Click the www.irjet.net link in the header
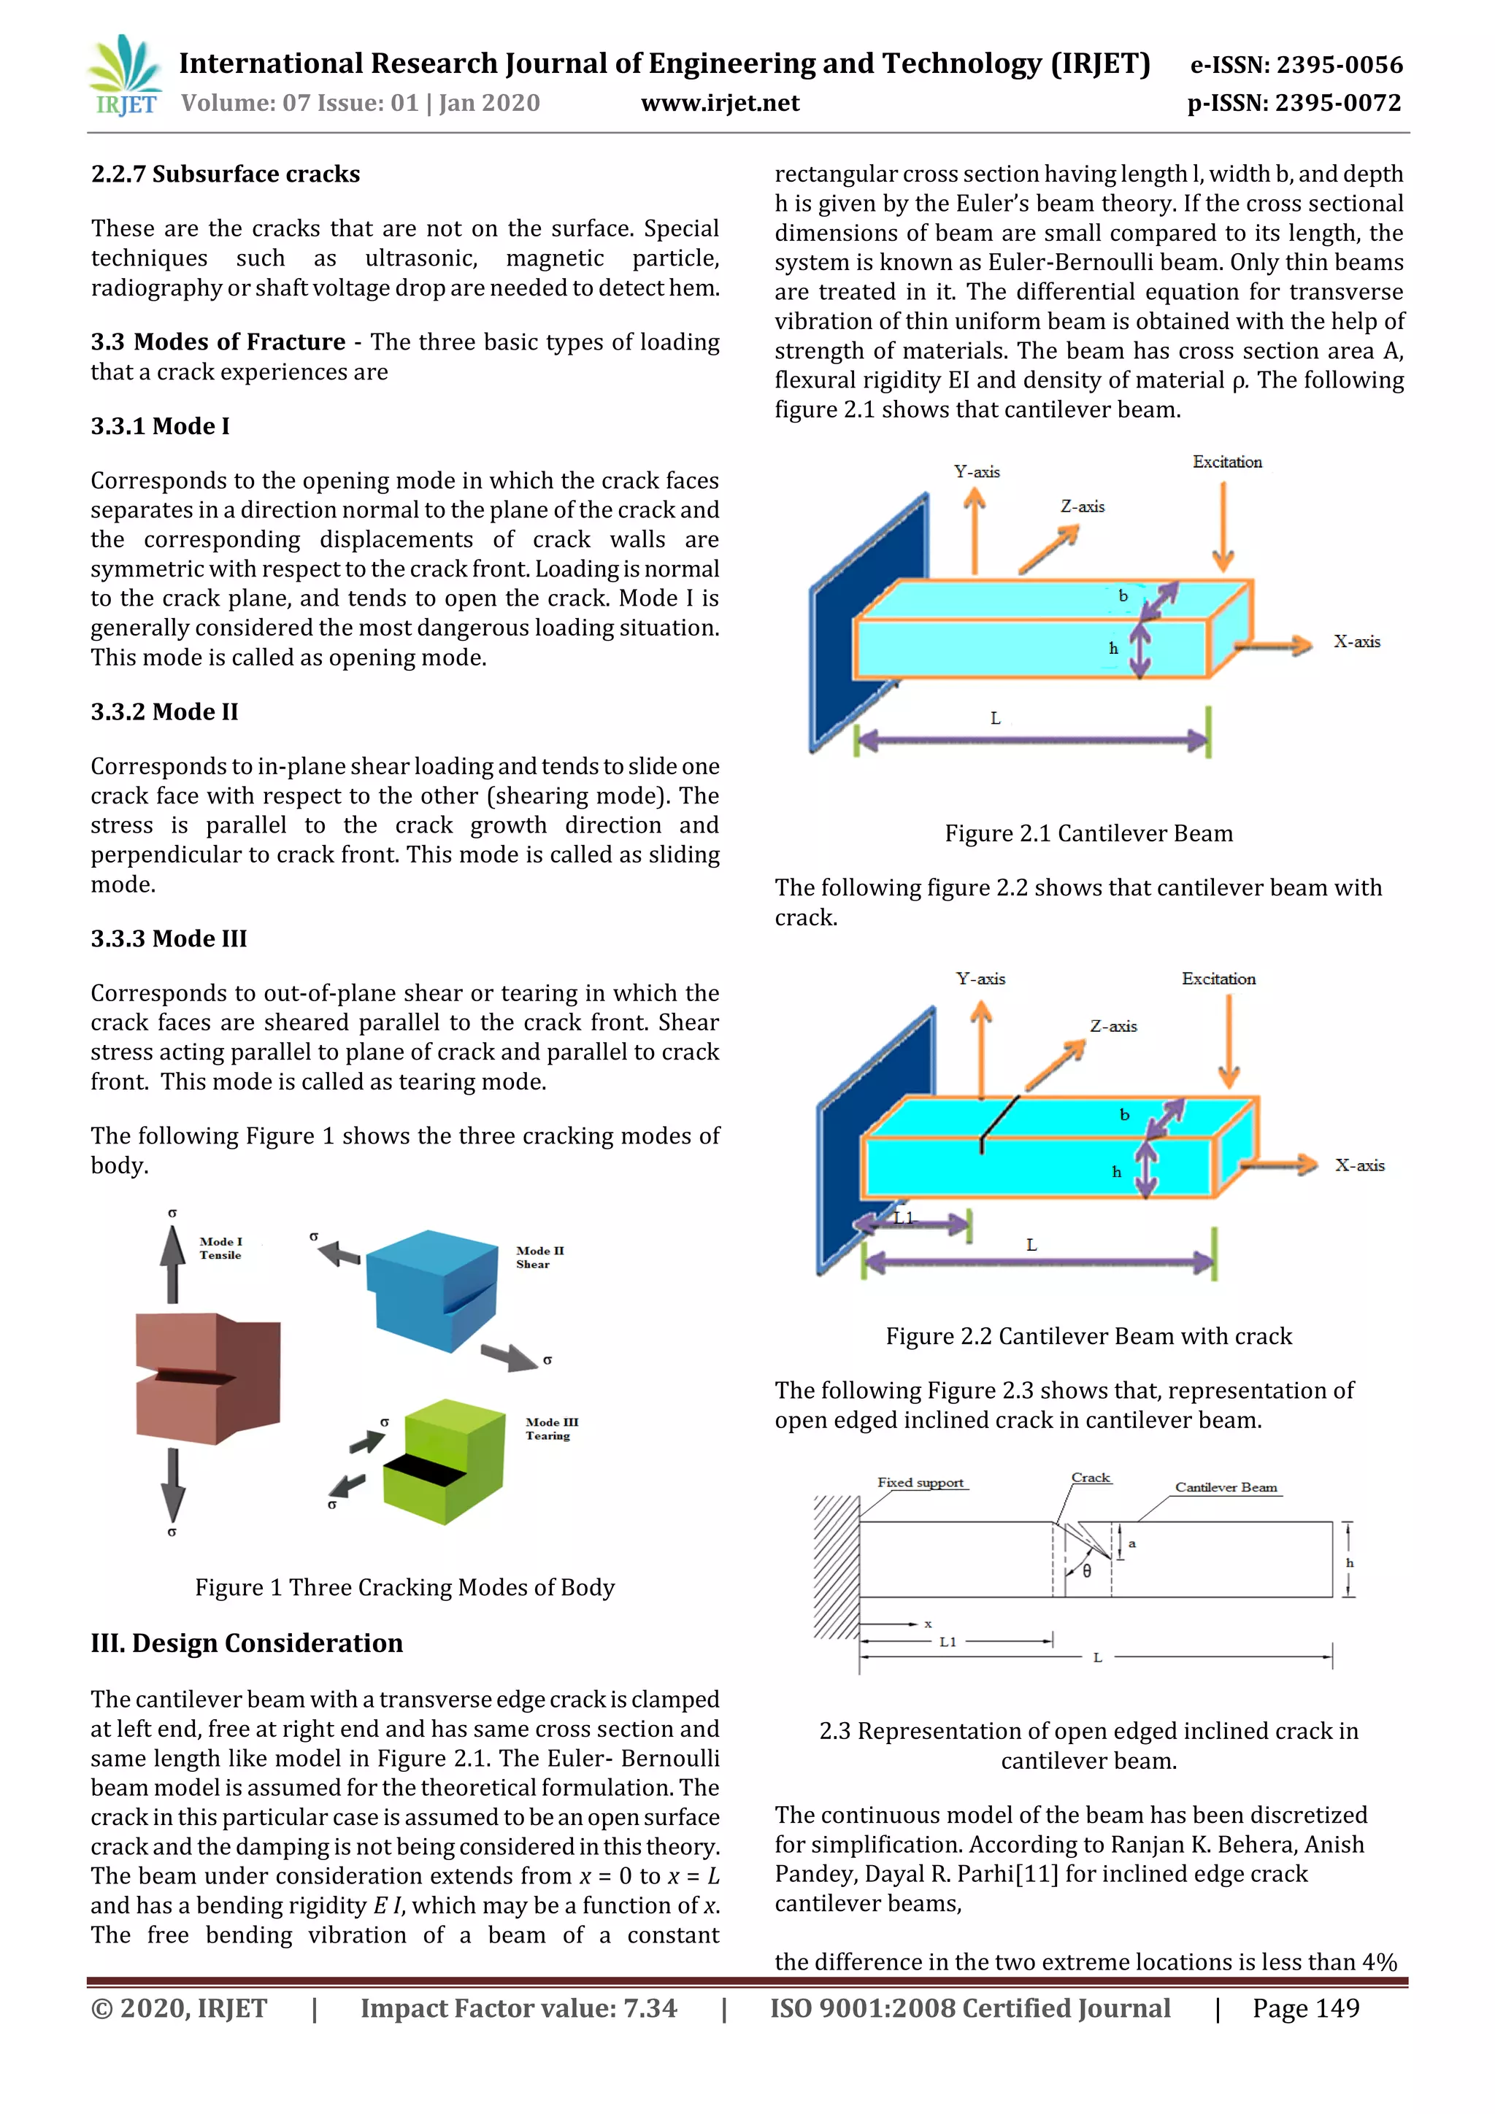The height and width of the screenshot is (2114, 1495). [x=720, y=103]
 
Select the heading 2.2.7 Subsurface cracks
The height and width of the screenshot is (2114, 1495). [x=226, y=174]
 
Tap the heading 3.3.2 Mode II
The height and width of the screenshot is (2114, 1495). [x=164, y=711]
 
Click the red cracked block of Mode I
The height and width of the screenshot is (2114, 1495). [x=208, y=1378]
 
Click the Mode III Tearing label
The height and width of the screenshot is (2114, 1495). [x=551, y=1428]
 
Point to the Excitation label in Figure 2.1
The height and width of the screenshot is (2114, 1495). [x=1227, y=462]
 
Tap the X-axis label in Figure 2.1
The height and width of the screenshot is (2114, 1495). [x=1357, y=641]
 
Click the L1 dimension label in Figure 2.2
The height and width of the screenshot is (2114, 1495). [x=904, y=1217]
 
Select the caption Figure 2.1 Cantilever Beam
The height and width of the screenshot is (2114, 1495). [x=1088, y=833]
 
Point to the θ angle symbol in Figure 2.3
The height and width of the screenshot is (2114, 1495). [x=1087, y=1571]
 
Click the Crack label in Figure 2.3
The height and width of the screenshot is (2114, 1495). [x=1091, y=1477]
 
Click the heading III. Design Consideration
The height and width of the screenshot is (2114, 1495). [x=247, y=1643]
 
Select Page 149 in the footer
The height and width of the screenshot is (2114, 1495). [x=1304, y=2008]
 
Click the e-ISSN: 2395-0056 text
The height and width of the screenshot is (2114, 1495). [x=1296, y=64]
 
